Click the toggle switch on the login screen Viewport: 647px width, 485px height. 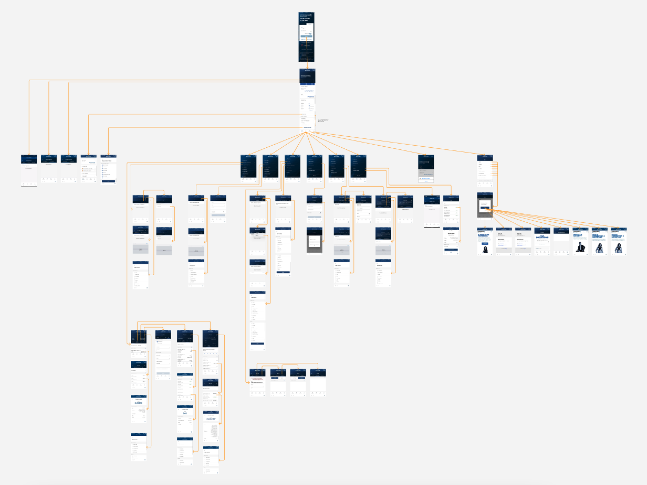[310, 34]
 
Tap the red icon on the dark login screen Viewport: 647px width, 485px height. [302, 45]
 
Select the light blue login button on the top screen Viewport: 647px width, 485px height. [306, 36]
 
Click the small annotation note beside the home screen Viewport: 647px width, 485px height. [323, 120]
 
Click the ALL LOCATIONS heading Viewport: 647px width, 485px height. [542, 236]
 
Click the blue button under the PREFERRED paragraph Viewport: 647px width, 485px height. [485, 243]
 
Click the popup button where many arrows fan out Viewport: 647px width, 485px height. [485, 208]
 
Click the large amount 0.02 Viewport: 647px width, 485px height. [185, 413]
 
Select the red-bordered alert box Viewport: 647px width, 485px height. [258, 379]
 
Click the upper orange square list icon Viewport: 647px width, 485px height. [83, 169]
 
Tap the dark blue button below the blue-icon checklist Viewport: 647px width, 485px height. [108, 181]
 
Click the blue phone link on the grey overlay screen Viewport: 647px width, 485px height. [425, 178]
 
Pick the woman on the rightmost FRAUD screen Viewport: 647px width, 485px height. [618, 248]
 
